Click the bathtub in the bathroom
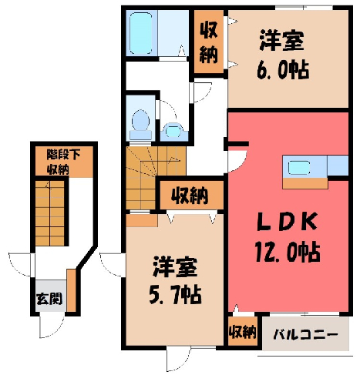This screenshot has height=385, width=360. click(x=140, y=33)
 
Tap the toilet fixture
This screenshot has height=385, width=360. click(x=140, y=125)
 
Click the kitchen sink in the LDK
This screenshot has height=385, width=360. click(x=299, y=168)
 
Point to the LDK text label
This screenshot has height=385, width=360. click(x=288, y=222)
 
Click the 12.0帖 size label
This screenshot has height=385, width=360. click(x=288, y=252)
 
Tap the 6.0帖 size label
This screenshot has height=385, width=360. click(x=283, y=69)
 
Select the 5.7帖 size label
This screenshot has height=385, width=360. click(x=175, y=295)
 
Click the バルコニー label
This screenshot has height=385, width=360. click(x=305, y=335)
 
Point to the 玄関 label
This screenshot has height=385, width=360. click(x=49, y=299)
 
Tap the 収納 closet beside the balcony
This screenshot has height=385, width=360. click(x=243, y=331)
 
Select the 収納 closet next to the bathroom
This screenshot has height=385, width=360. click(x=208, y=42)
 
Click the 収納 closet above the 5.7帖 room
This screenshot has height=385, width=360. click(x=191, y=196)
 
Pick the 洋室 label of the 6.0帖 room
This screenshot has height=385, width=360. click(x=282, y=40)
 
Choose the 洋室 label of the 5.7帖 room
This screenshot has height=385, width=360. click(x=175, y=267)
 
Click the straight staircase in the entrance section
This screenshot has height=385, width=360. click(x=49, y=213)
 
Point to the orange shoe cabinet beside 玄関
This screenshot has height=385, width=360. click(x=72, y=290)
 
